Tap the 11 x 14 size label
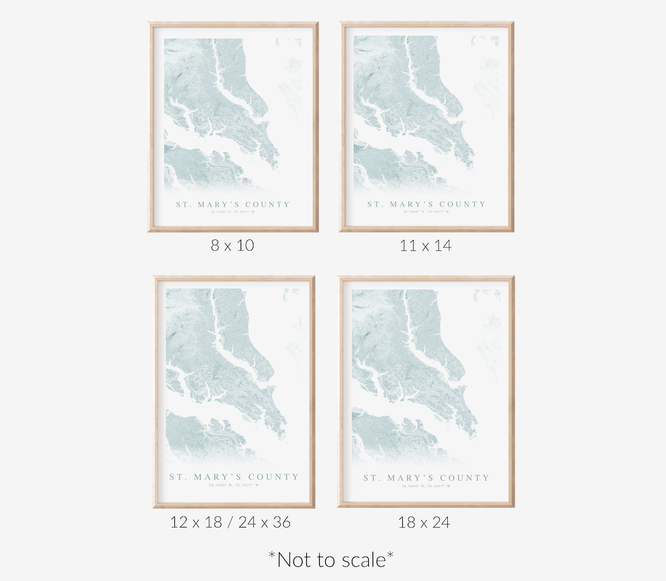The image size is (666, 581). [425, 246]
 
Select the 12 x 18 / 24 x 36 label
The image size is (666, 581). [230, 522]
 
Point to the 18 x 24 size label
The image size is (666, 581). [424, 522]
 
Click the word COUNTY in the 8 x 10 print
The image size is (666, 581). [267, 205]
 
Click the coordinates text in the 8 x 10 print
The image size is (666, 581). [233, 212]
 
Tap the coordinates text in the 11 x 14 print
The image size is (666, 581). [427, 212]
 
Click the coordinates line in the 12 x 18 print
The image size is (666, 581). [234, 485]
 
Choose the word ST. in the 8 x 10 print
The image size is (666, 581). [183, 205]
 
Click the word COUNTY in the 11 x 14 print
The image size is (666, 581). [462, 205]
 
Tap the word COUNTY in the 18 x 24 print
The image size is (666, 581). [464, 478]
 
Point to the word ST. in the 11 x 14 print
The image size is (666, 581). [374, 205]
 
